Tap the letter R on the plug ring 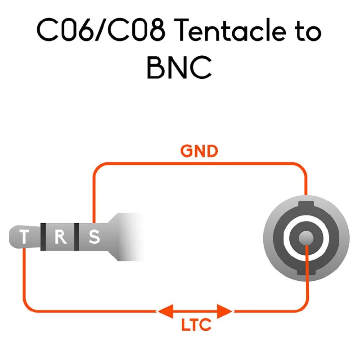61,237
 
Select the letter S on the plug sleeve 94,237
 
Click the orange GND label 199,151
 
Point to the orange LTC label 196,324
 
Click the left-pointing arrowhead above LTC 165,311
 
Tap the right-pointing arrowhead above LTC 225,311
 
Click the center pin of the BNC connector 306,238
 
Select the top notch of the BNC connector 306,204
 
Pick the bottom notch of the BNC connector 306,272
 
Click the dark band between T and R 43,237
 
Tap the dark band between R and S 76,237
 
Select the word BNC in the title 179,67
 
